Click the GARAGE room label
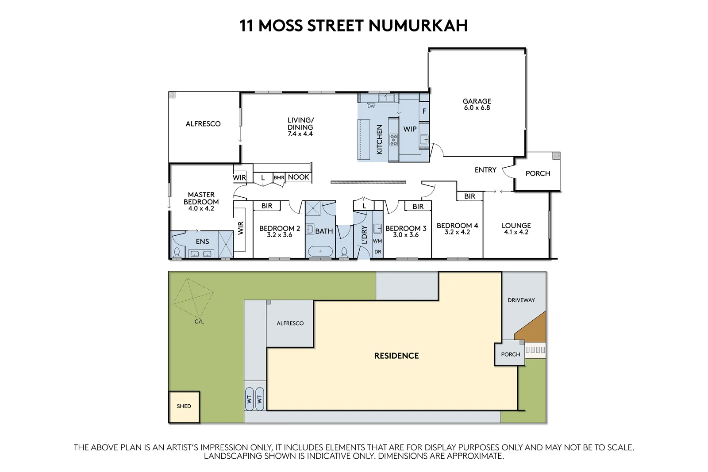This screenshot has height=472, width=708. (x=477, y=101)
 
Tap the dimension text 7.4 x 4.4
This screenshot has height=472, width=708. (x=300, y=134)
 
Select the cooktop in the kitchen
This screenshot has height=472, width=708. (x=393, y=140)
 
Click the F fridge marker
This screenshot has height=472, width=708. (x=424, y=111)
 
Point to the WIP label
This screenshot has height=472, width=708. (x=410, y=129)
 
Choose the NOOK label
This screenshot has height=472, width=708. (x=298, y=177)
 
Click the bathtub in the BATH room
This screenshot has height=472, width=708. (x=320, y=252)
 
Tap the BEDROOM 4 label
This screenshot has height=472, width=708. (x=457, y=226)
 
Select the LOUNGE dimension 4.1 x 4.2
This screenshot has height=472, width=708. (x=516, y=232)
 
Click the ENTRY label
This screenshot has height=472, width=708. (x=485, y=170)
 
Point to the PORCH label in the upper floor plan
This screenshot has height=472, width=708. (x=538, y=173)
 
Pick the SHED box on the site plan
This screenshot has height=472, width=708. (x=184, y=407)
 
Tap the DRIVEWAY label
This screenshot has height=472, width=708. (x=521, y=300)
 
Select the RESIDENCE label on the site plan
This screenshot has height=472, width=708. (x=396, y=356)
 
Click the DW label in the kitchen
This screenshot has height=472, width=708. (x=371, y=106)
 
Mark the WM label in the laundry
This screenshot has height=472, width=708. (x=377, y=241)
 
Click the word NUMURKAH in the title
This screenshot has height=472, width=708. (x=418, y=26)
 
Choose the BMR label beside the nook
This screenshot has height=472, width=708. (x=279, y=178)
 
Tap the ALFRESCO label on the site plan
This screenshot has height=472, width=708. (x=290, y=323)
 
